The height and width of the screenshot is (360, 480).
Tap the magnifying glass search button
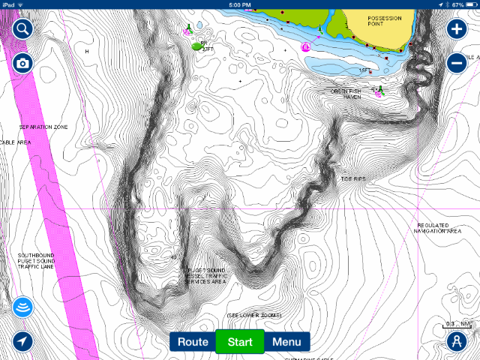click(x=23, y=29)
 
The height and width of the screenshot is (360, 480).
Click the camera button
click(x=23, y=63)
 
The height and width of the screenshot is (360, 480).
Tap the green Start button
click(x=239, y=342)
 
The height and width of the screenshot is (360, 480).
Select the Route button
click(x=193, y=342)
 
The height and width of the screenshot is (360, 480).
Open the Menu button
click(x=286, y=342)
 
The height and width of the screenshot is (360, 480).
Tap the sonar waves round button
click(x=23, y=307)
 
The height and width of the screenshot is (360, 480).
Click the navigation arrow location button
click(x=23, y=342)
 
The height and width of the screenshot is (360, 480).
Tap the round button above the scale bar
click(x=456, y=342)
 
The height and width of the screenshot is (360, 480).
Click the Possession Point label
click(x=385, y=20)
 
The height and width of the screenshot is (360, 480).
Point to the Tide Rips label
click(x=353, y=178)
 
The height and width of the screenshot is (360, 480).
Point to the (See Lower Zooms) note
click(x=253, y=316)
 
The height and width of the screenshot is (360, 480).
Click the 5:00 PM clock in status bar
click(x=239, y=4)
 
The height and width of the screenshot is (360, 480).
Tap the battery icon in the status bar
click(x=466, y=4)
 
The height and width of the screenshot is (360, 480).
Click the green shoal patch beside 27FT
click(x=197, y=46)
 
